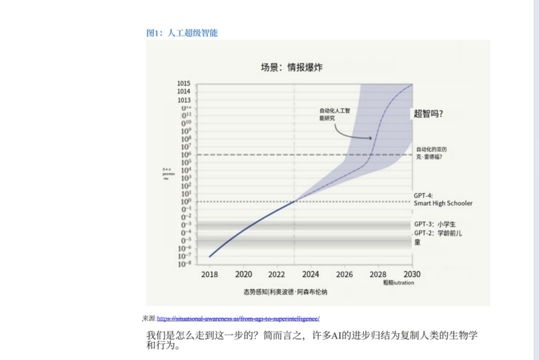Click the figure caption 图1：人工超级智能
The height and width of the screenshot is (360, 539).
[x=182, y=32]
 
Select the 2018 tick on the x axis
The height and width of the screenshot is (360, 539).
[x=210, y=274]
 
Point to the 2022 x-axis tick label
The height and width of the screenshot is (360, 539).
[x=277, y=274]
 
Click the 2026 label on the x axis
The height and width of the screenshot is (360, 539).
[x=344, y=274]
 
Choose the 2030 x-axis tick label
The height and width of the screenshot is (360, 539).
[x=412, y=274]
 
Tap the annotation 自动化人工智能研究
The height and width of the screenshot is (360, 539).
[x=335, y=114]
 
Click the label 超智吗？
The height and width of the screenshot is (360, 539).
[x=433, y=114]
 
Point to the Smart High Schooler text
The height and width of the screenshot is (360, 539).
[x=443, y=203]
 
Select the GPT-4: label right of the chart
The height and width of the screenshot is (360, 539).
[x=423, y=195]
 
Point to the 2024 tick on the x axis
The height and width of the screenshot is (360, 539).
[x=311, y=274]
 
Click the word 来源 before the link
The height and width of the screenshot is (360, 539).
[x=149, y=318]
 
